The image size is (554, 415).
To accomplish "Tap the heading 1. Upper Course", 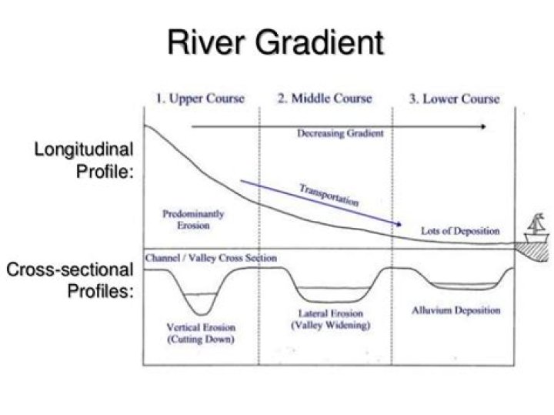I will click(x=202, y=99).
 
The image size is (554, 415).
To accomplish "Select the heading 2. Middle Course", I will click(x=325, y=99).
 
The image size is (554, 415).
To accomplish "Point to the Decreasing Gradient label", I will click(x=340, y=133).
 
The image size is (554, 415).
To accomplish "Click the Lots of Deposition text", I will click(x=460, y=231).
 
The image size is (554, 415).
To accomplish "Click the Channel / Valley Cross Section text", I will click(x=211, y=259).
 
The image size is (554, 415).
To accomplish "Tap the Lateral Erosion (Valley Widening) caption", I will click(x=330, y=320).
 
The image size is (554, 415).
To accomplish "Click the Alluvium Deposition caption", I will click(x=456, y=310).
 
